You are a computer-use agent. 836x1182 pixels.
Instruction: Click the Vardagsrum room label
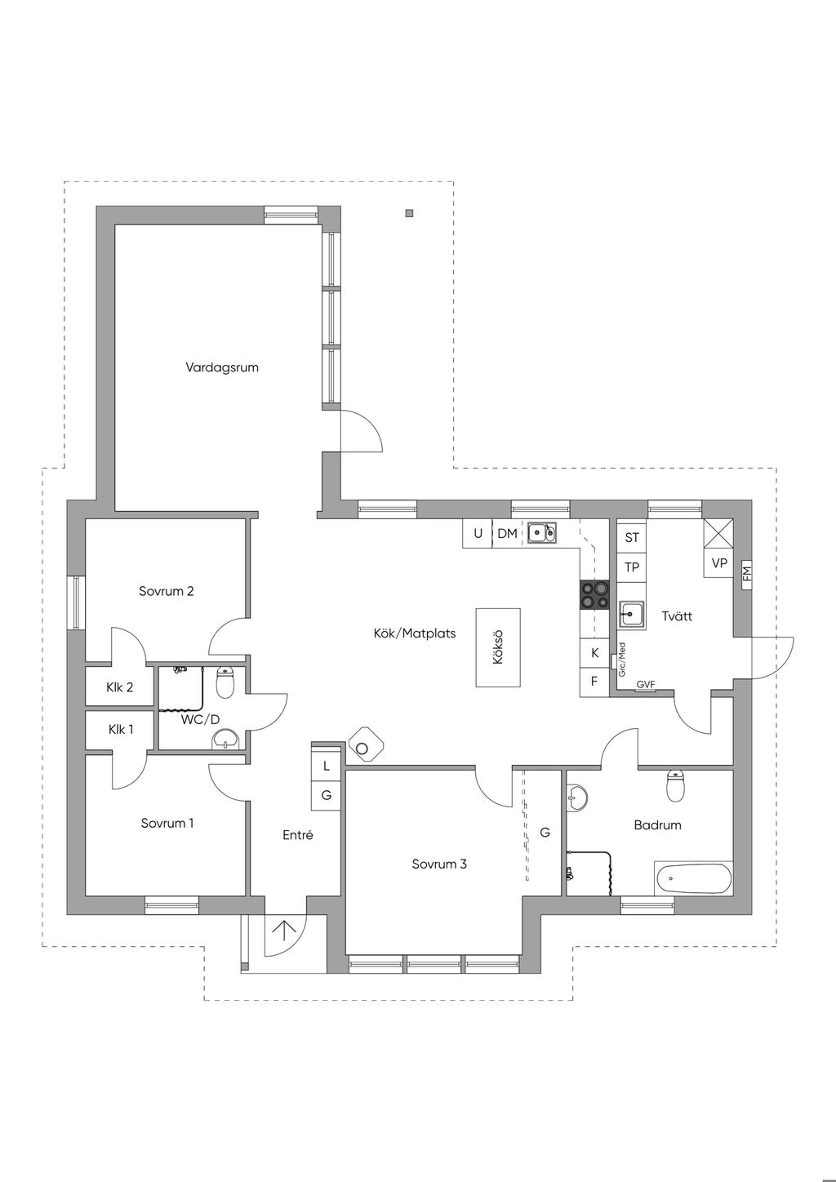222,367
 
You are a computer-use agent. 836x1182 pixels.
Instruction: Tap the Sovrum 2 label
166,591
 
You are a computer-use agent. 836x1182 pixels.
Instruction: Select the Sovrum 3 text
439,864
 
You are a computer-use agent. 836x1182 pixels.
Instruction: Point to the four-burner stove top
594,594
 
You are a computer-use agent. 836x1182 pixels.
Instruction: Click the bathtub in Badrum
693,878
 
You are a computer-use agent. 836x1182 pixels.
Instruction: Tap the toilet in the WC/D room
225,682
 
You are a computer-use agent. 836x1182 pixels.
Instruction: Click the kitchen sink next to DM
541,533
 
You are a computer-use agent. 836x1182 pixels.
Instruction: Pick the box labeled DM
507,534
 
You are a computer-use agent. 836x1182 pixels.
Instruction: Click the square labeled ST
632,537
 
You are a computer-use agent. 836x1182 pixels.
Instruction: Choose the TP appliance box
632,567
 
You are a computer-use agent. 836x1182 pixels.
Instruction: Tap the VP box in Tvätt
719,563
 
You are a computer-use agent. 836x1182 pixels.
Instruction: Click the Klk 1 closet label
121,729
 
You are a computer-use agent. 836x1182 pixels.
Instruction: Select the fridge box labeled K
594,653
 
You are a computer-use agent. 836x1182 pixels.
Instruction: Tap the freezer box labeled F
594,682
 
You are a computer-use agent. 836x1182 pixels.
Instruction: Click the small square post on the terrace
409,214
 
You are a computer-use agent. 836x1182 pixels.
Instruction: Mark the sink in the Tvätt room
631,612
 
